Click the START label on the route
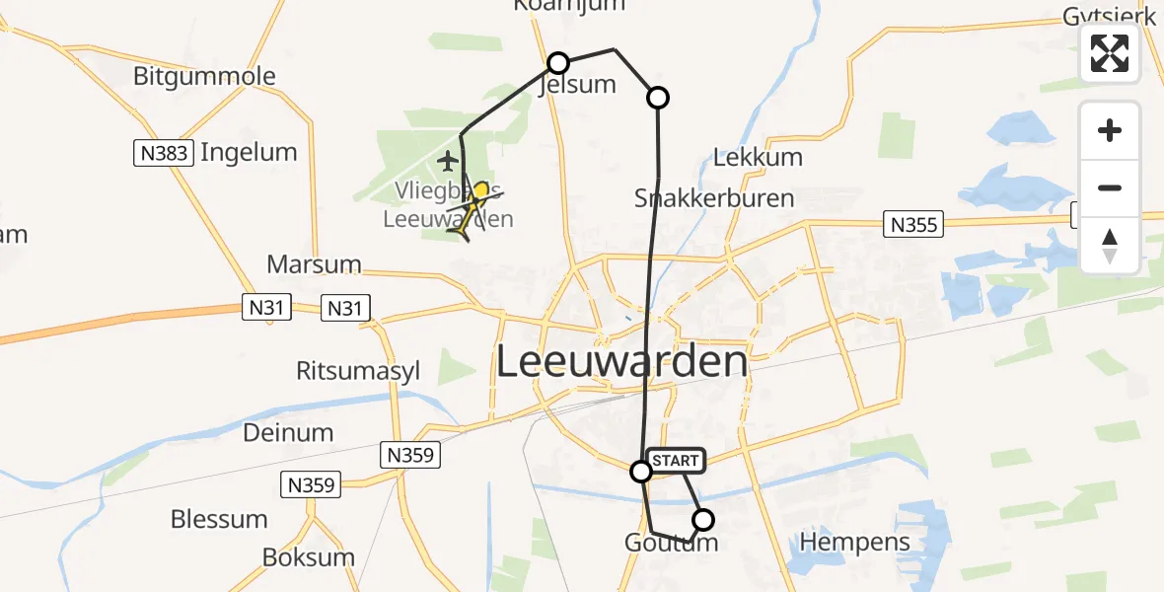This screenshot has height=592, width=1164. click(676, 461)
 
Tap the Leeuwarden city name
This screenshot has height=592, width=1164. click(621, 362)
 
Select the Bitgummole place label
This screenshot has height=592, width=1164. click(204, 76)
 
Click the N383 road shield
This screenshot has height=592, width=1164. click(163, 153)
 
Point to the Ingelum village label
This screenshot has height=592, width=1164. click(249, 152)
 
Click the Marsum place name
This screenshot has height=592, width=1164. click(314, 264)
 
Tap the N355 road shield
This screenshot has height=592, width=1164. click(913, 224)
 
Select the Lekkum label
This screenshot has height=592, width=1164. click(758, 157)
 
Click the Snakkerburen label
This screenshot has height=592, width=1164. click(715, 197)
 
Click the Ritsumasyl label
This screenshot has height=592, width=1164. click(358, 371)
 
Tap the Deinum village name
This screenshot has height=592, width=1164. click(288, 432)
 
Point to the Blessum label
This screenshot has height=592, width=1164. click(219, 519)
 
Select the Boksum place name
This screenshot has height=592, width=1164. click(309, 556)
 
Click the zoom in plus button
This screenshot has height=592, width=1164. click(1110, 130)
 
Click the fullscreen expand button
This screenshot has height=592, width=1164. click(1110, 53)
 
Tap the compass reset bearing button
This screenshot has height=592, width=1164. click(1110, 246)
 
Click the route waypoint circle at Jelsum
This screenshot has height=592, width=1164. click(558, 63)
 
